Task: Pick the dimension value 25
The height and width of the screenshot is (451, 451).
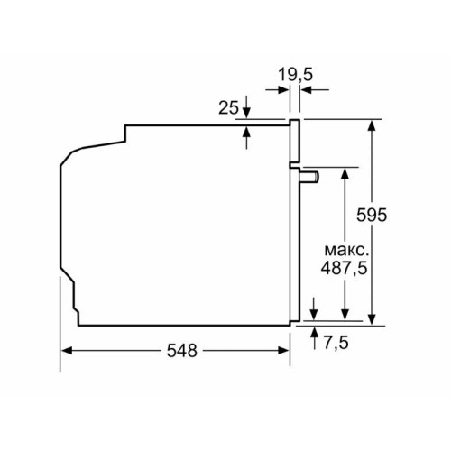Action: click(228, 108)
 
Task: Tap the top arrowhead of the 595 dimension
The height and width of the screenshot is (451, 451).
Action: click(371, 124)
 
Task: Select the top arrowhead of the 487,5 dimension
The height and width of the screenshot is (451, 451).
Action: click(344, 172)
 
